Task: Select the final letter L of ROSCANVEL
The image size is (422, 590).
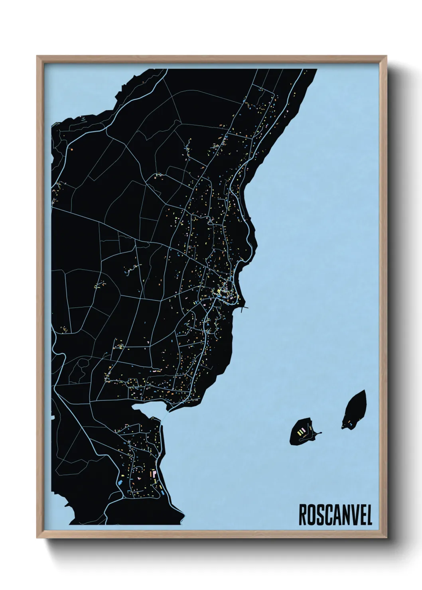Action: point(369,515)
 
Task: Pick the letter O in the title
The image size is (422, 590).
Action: point(311,515)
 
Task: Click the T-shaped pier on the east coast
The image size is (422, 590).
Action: point(244,307)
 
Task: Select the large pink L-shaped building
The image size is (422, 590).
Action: point(152,474)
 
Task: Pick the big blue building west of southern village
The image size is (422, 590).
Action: point(119,482)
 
